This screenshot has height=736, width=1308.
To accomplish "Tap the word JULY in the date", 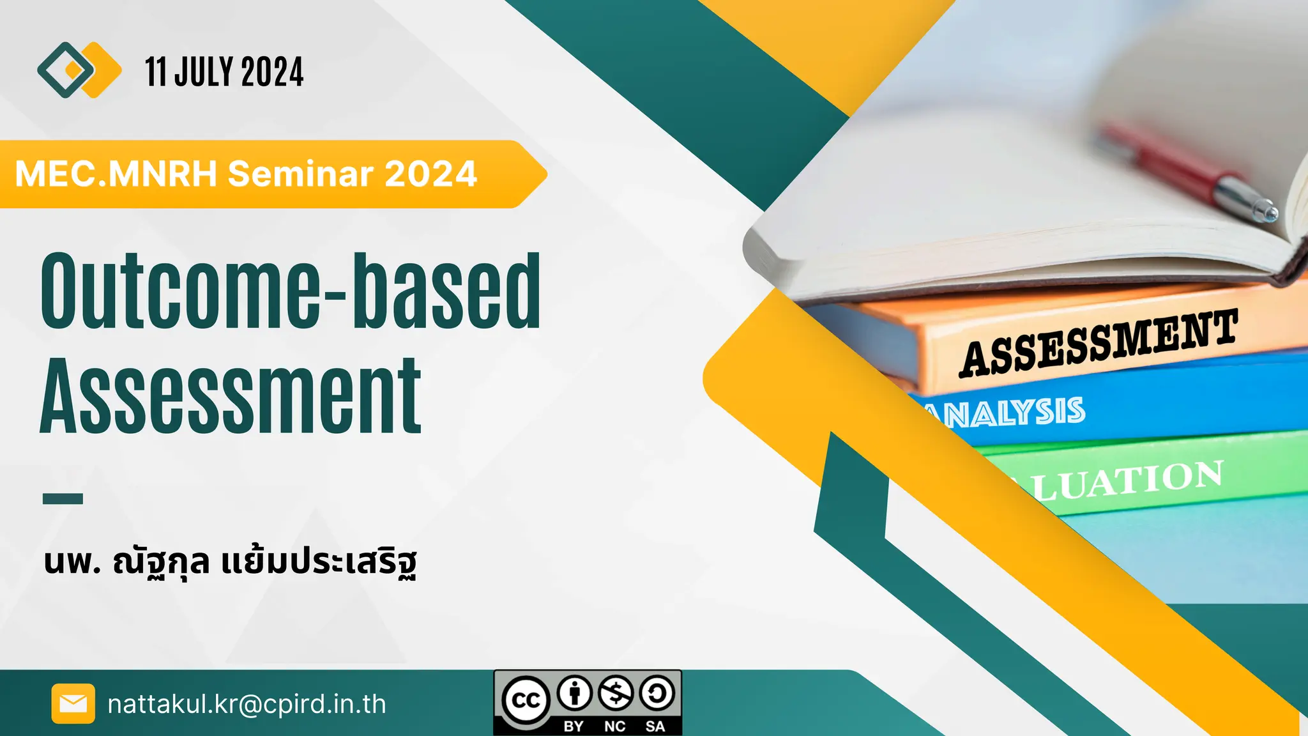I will coord(204,72).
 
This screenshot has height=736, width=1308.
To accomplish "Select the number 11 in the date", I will coord(155,72).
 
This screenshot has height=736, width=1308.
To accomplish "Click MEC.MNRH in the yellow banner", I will coord(116,174).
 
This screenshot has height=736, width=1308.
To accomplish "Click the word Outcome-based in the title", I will coord(291,291).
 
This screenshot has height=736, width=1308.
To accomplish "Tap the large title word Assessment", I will coord(231,397).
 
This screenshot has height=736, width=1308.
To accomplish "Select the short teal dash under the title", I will coord(63,498).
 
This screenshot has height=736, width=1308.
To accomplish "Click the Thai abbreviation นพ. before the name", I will coord(72,562).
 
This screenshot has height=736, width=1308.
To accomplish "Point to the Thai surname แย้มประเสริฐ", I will coord(319,562).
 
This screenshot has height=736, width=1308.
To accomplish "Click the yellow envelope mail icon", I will coord(73,703).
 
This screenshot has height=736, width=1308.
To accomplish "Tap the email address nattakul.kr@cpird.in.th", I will coord(247,704).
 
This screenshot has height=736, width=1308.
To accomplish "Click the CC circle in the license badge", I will coord(526,701).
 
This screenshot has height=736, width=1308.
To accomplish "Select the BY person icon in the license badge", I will coord(575,693).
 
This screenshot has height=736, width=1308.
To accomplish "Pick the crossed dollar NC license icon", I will coord(616,693).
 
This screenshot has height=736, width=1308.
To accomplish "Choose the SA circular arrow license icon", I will coord(657,693).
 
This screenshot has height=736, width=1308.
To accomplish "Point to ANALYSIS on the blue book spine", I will coord(1009,413).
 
